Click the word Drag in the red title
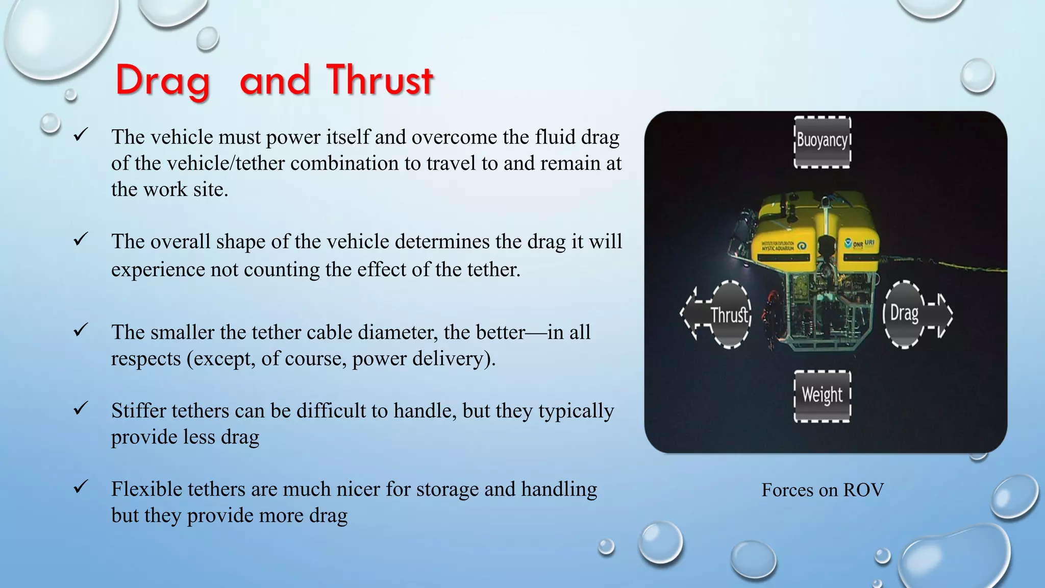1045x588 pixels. [x=162, y=81]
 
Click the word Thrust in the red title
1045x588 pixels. [x=380, y=81]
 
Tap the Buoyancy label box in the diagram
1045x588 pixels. [x=822, y=141]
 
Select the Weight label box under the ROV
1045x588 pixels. [x=822, y=396]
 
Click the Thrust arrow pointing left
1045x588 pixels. [x=717, y=314]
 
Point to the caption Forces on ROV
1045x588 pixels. [x=822, y=490]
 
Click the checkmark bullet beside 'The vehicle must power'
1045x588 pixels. [x=81, y=135]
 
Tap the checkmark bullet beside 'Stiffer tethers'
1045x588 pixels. [x=81, y=408]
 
